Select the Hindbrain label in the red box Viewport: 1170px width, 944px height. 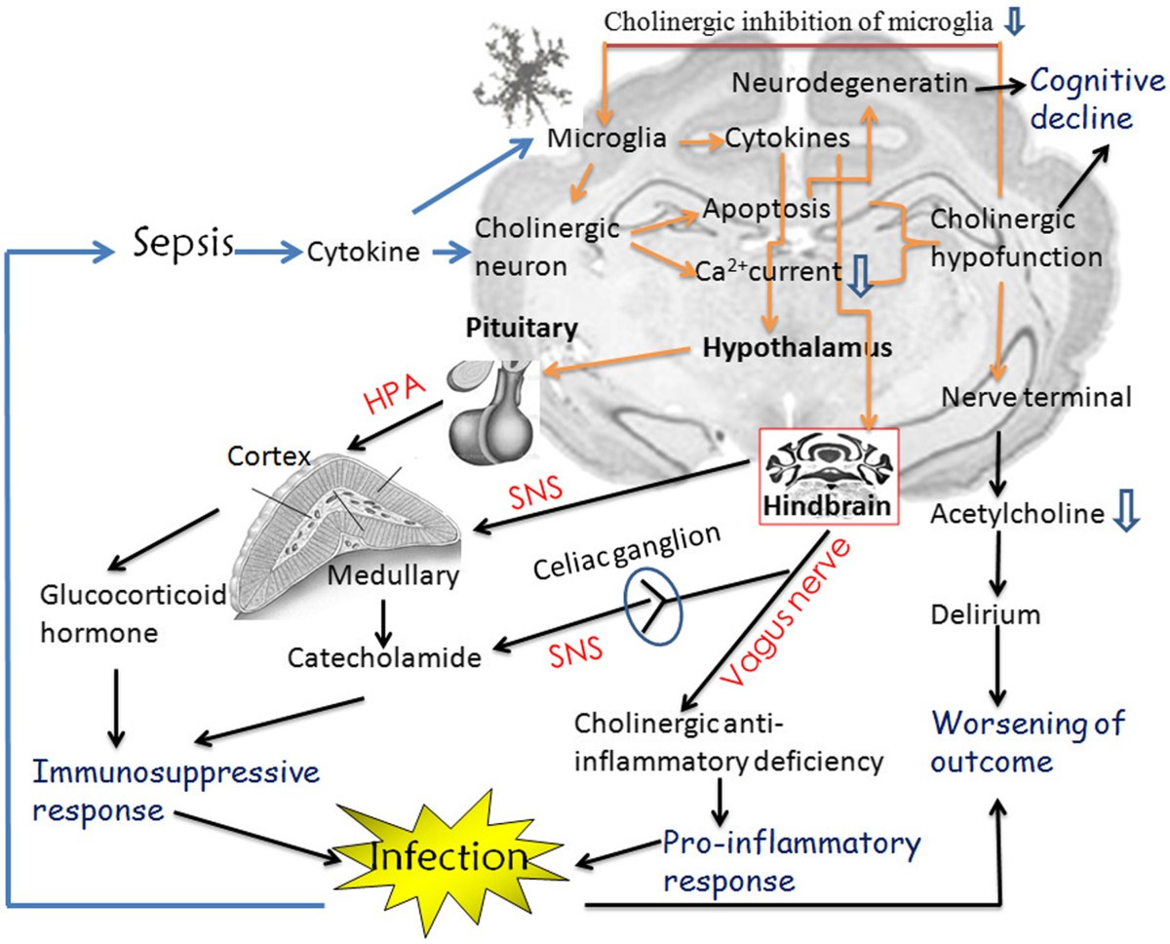828,509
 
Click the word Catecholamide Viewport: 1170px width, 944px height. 385,657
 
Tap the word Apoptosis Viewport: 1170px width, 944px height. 766,209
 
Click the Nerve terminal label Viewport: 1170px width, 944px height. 1036,397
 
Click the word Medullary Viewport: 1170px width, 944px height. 393,575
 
